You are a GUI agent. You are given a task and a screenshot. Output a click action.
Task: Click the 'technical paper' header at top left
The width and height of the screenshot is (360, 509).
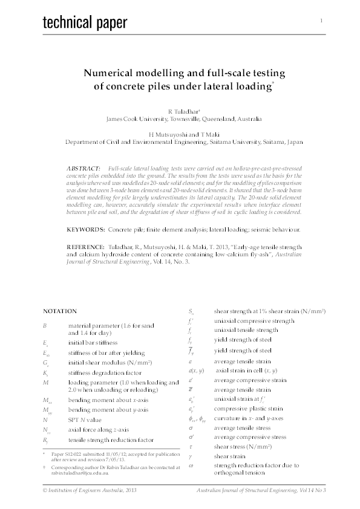click(85, 23)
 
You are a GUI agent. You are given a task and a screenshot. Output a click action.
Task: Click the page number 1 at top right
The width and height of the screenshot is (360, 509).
click(321, 21)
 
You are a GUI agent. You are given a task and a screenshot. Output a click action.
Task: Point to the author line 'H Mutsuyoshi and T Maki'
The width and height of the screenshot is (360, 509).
click(180, 135)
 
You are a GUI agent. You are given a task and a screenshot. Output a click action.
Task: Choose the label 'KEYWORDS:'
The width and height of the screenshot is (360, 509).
click(86, 230)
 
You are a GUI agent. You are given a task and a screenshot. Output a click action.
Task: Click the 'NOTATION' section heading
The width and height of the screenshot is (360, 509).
click(59, 311)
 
